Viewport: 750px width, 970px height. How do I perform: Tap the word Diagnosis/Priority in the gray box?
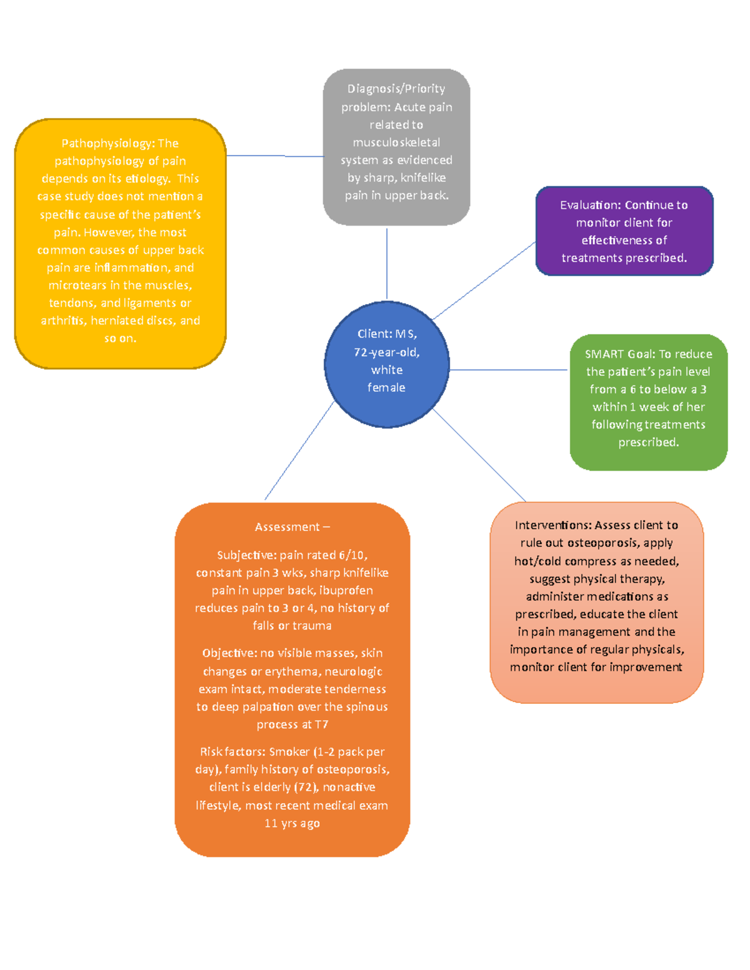pos(396,89)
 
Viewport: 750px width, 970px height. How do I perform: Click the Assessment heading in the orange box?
pos(287,527)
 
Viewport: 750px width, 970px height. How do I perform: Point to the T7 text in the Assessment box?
pos(321,725)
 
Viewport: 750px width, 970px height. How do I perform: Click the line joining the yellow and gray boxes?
pos(275,156)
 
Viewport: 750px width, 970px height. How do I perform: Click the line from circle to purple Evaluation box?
pos(484,280)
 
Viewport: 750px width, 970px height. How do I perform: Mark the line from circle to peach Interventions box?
pos(479,455)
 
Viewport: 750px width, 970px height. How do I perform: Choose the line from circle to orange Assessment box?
pos(299,450)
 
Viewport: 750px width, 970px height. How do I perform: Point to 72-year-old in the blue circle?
pos(387,352)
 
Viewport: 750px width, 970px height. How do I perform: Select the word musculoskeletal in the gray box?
pos(396,142)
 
